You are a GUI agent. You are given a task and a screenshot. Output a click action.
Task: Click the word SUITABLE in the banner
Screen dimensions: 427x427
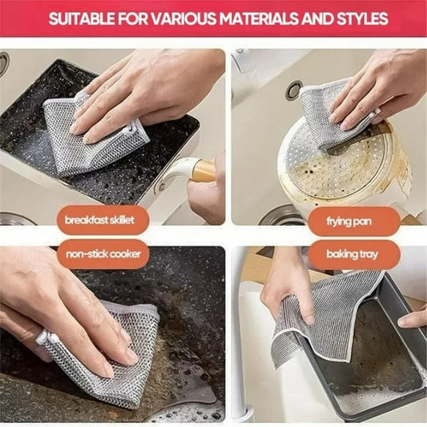tap(79, 18)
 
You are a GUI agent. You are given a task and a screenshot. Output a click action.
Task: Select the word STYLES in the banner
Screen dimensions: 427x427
tap(359, 18)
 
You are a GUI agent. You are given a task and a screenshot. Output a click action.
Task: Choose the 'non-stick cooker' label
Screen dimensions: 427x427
tap(103, 255)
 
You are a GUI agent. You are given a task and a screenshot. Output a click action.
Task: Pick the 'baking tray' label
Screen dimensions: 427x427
tap(353, 255)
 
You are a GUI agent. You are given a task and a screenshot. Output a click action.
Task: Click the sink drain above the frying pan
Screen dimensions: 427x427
tap(294, 91)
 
